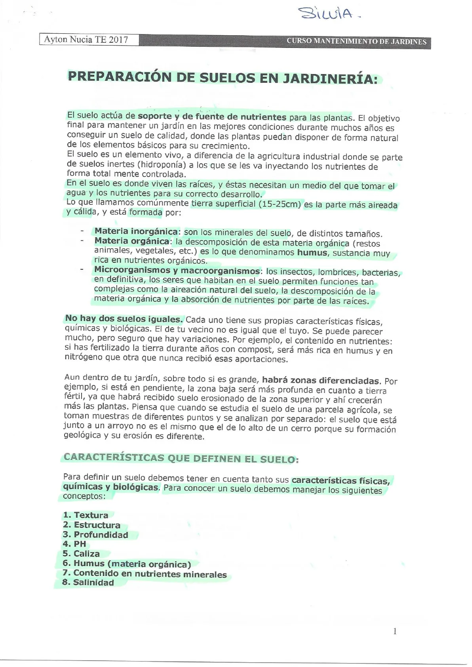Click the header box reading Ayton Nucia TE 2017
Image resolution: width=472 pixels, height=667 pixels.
[x=89, y=40]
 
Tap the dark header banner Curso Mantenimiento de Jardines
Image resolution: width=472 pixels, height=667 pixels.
[x=356, y=42]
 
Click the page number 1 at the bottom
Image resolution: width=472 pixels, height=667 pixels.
[x=395, y=631]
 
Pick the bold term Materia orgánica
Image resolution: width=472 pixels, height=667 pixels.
[x=132, y=241]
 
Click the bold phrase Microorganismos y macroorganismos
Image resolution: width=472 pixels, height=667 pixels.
[x=177, y=271]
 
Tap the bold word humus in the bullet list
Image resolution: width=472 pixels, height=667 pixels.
[x=312, y=253]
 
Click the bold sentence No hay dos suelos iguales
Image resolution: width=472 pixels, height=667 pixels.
[x=124, y=319]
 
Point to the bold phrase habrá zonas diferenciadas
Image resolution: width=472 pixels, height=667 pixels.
[x=320, y=381]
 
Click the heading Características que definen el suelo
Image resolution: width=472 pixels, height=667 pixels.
[x=181, y=458]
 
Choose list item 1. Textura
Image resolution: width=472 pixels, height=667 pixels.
[x=86, y=515]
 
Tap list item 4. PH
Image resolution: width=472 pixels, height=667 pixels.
[x=74, y=544]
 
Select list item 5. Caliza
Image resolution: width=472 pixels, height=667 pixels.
[x=81, y=553]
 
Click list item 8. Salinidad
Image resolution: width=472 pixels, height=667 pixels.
[x=88, y=582]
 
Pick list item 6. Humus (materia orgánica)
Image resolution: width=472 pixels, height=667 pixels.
[x=127, y=564]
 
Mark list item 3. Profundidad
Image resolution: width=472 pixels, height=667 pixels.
[x=95, y=534]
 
